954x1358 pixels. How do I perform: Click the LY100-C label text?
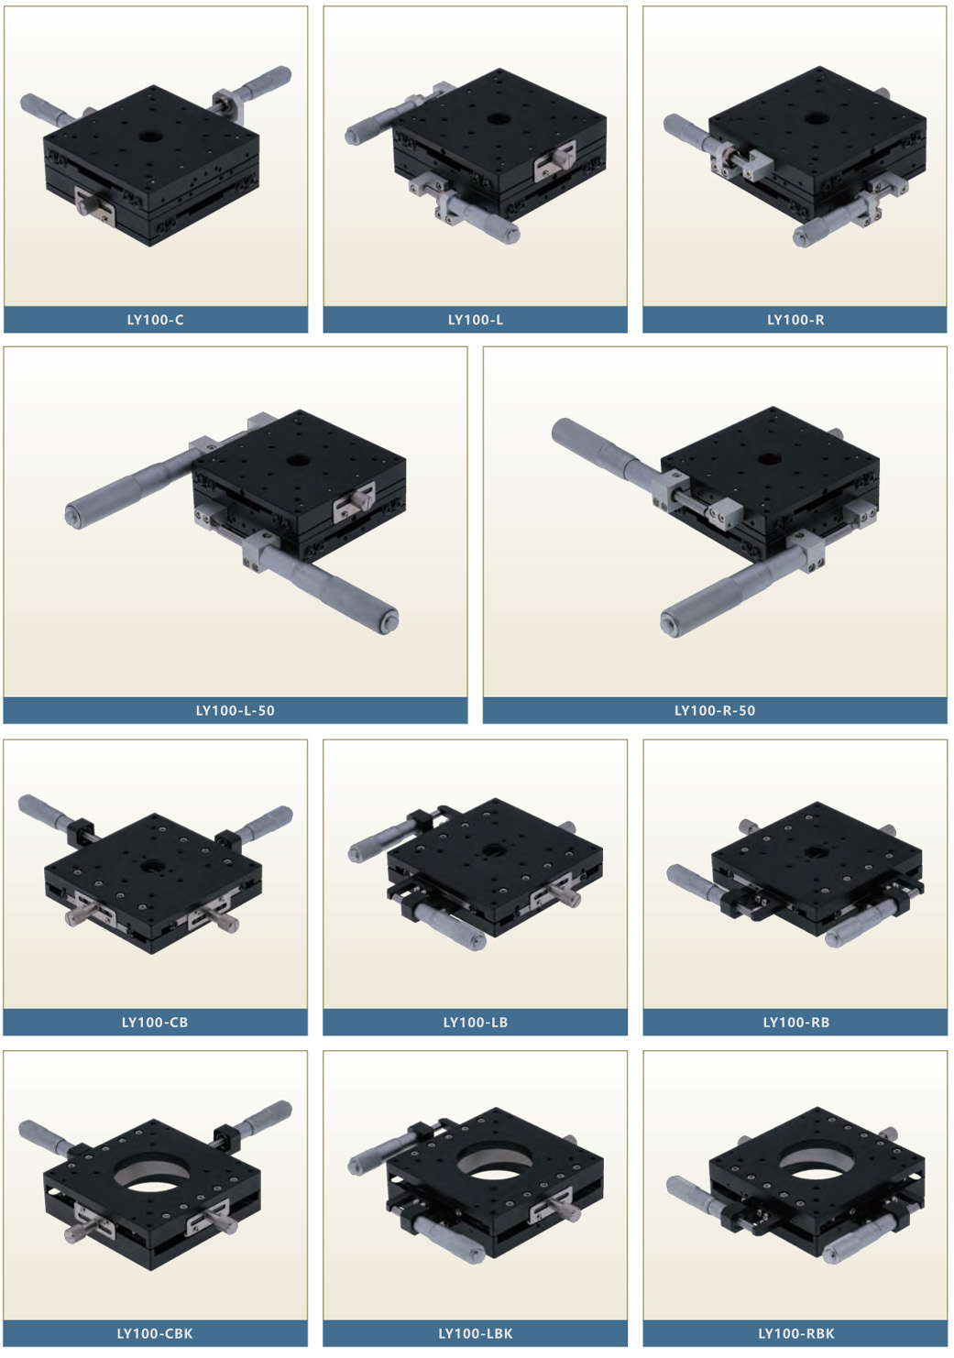(x=155, y=320)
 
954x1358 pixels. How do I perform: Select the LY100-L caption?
(x=475, y=320)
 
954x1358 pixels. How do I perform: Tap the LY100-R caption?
(x=795, y=320)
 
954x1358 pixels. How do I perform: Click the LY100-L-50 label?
(x=235, y=710)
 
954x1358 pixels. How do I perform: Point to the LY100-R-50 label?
(x=715, y=710)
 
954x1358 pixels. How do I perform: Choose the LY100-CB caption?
(x=155, y=1022)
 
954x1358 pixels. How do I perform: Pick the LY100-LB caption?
(x=475, y=1022)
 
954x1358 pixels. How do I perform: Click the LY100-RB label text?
(x=795, y=1022)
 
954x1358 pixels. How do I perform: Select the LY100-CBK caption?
(x=155, y=1333)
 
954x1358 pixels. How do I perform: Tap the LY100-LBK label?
(x=475, y=1333)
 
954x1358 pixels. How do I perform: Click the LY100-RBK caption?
(x=795, y=1333)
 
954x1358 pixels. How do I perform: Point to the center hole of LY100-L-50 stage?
(x=297, y=460)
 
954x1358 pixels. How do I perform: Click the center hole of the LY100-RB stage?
(x=813, y=853)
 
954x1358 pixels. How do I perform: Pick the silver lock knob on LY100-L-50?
(x=361, y=499)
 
